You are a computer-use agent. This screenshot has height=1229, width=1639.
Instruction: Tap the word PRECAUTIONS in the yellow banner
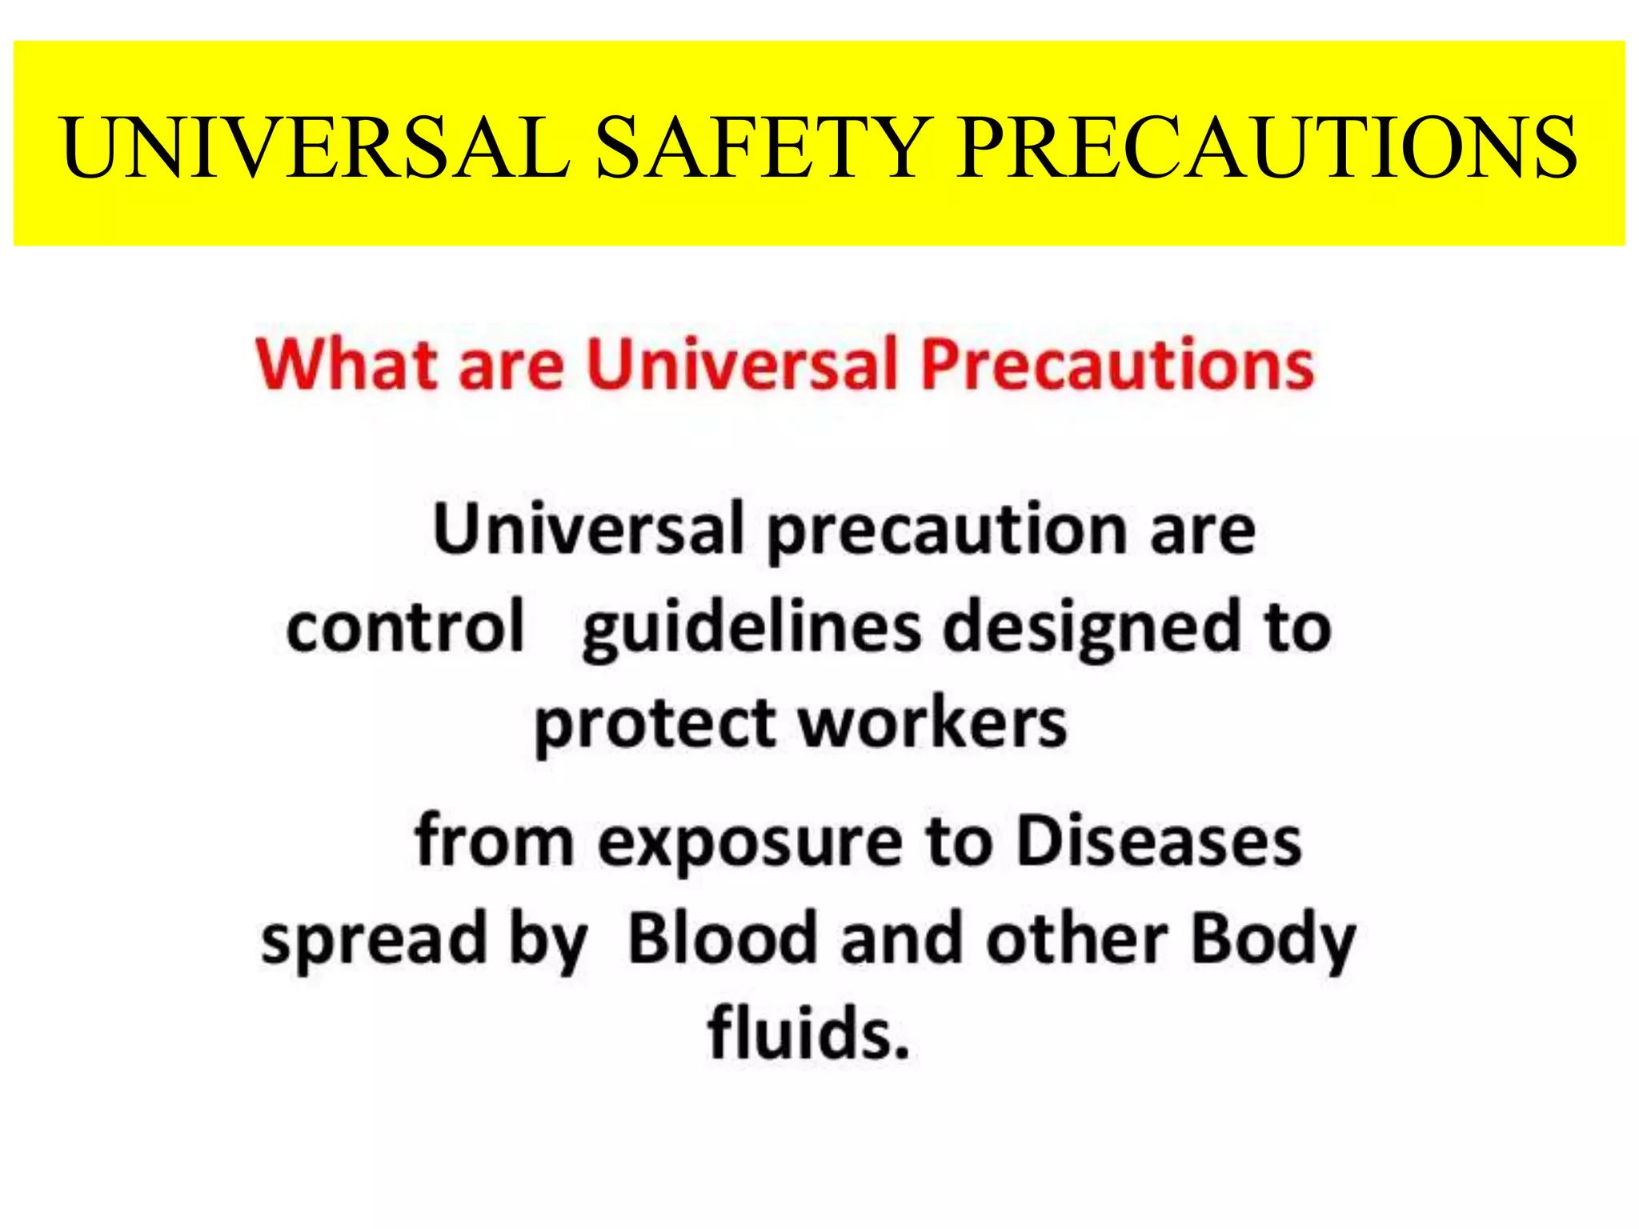[x=1267, y=147]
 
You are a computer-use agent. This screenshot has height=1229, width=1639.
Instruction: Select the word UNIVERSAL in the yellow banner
[x=315, y=147]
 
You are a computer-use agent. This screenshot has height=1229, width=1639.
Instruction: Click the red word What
[x=347, y=364]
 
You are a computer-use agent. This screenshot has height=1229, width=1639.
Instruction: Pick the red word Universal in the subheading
[x=743, y=364]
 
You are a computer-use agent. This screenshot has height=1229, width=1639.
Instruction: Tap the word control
[x=406, y=627]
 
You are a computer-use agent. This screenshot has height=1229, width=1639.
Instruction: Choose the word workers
[x=933, y=723]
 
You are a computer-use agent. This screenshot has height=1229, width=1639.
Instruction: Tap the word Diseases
[x=1159, y=841]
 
